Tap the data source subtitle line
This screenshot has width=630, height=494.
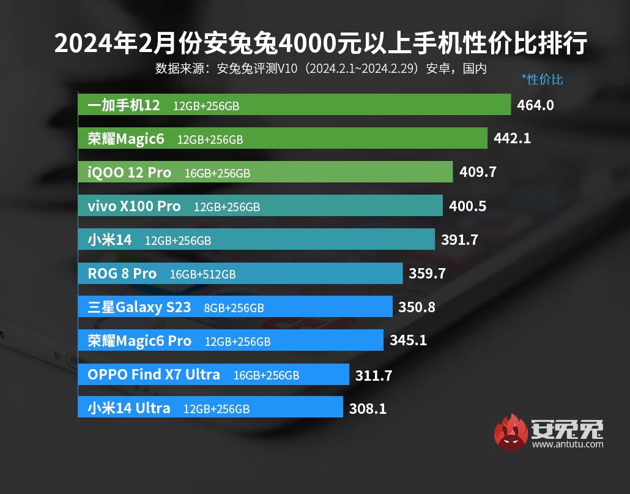click(321, 68)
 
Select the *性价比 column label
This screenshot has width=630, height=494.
click(541, 80)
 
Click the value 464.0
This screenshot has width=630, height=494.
click(535, 105)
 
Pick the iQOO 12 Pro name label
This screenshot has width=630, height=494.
click(130, 173)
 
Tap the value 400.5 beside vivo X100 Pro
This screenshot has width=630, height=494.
click(467, 206)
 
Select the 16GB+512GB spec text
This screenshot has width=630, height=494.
click(202, 274)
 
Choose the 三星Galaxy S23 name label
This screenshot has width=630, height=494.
click(139, 307)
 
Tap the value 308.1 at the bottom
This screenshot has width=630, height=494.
click(368, 408)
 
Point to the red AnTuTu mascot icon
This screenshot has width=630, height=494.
click(510, 432)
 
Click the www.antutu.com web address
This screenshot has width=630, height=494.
click(567, 444)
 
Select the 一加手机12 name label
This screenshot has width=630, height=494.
click(124, 105)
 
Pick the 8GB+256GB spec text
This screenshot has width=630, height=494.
click(233, 308)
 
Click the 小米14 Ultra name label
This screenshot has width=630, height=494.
click(129, 408)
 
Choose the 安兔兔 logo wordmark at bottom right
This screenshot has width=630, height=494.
click(567, 429)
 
